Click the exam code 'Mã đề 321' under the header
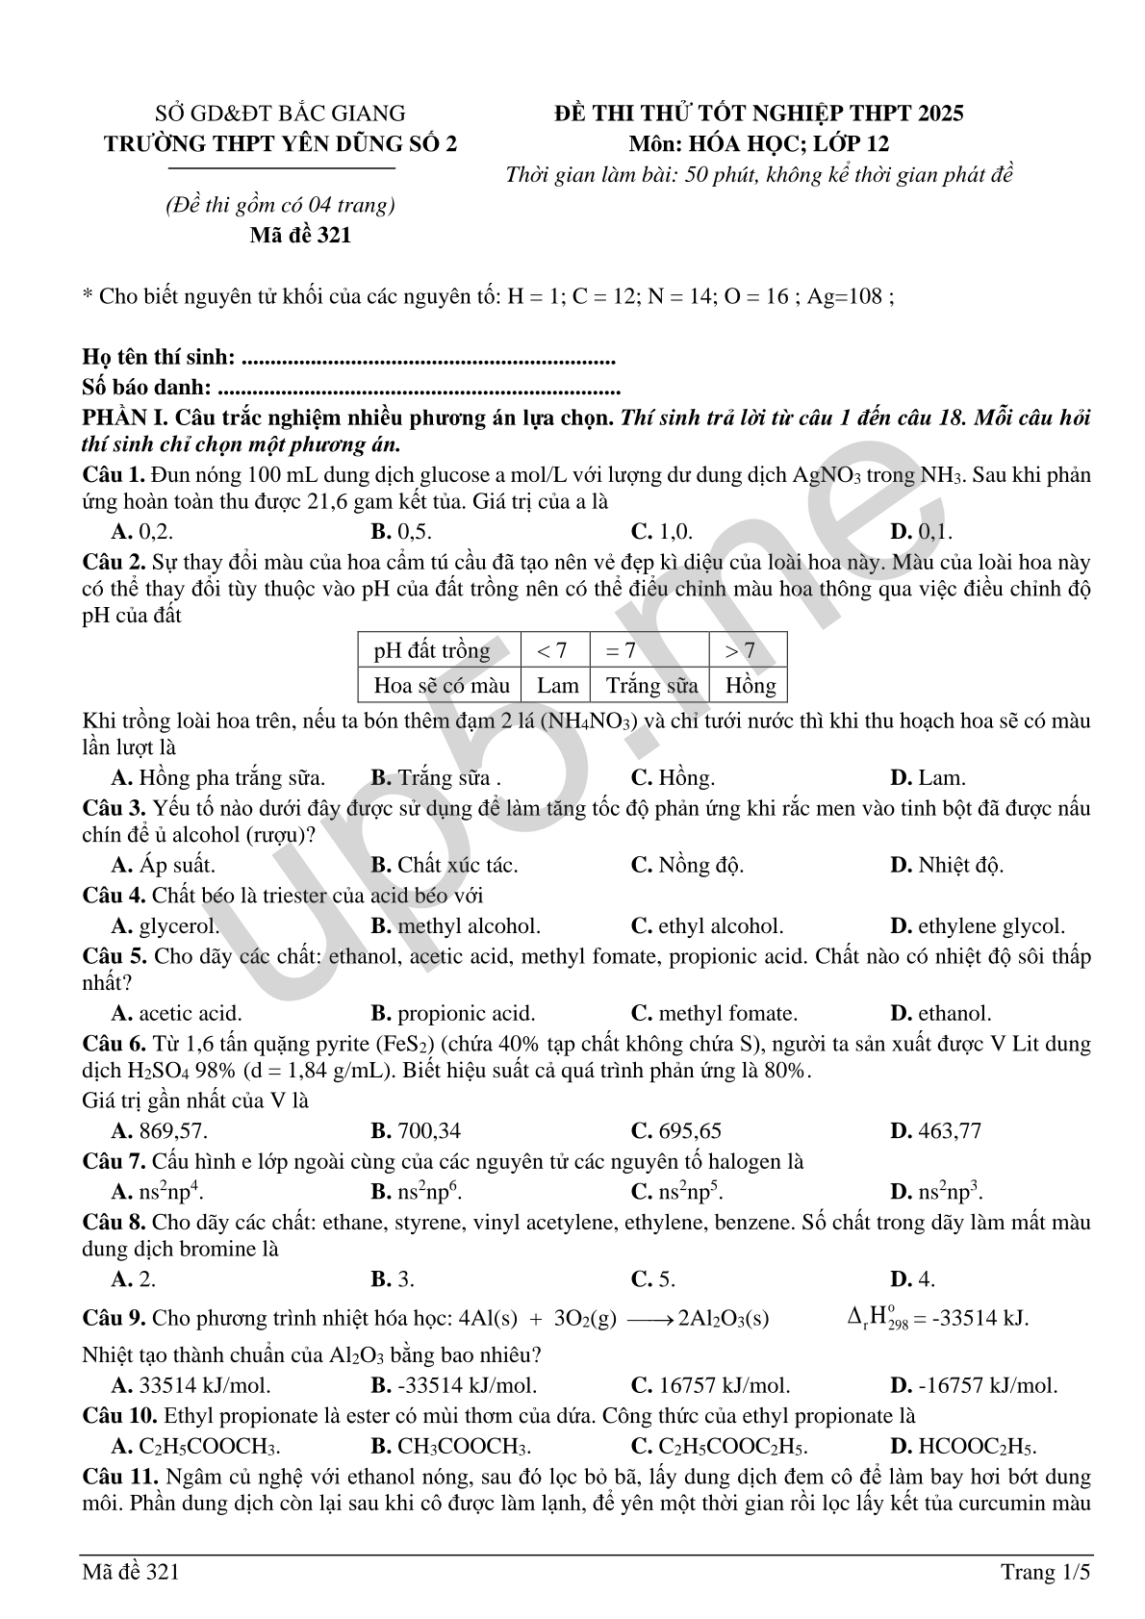click(300, 235)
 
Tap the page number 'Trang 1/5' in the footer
click(1046, 1572)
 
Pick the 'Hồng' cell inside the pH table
click(750, 685)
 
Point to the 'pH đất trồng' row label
click(432, 650)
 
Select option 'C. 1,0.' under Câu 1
click(661, 531)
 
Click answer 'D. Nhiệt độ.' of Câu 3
click(947, 865)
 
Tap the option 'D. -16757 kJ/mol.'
click(974, 1385)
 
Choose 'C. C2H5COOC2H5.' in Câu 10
click(719, 1447)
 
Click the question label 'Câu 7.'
click(114, 1162)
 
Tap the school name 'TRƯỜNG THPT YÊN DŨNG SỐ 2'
click(281, 144)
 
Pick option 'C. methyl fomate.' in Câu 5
click(714, 1013)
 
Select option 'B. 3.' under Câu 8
click(393, 1279)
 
